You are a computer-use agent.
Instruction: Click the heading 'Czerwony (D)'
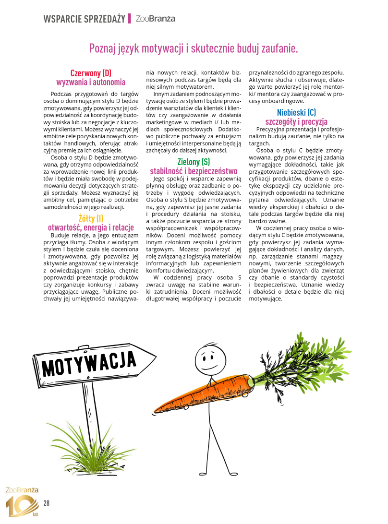91,73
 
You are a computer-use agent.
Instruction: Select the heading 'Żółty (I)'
91,219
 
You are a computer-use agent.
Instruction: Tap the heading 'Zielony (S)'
194,162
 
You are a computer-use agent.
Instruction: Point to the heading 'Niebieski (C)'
296,113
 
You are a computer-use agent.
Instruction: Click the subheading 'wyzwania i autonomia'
91,82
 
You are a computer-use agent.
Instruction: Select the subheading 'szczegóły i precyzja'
296,121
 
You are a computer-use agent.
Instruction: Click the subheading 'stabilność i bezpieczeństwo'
194,170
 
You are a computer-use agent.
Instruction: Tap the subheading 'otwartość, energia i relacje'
91,227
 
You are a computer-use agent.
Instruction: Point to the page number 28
47,503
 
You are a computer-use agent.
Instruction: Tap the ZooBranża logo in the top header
155,19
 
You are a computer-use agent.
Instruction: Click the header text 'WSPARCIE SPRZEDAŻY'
85,19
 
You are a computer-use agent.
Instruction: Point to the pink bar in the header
130,19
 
